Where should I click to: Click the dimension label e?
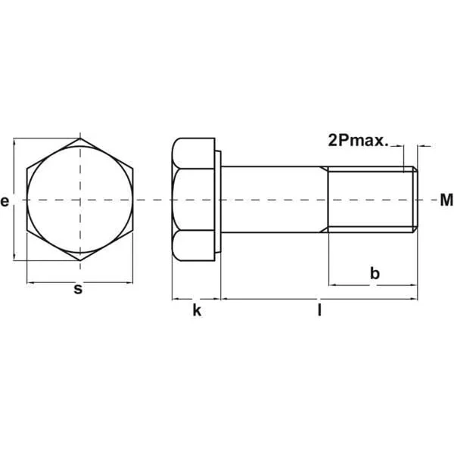5,201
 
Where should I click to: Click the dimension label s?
78,289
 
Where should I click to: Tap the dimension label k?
197,311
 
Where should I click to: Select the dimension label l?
319,310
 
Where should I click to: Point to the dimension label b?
375,273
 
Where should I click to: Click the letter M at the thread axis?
446,200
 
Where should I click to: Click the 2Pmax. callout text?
358,141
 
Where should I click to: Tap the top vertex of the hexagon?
80,138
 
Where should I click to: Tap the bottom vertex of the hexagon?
80,261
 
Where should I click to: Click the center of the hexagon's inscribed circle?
80,200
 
